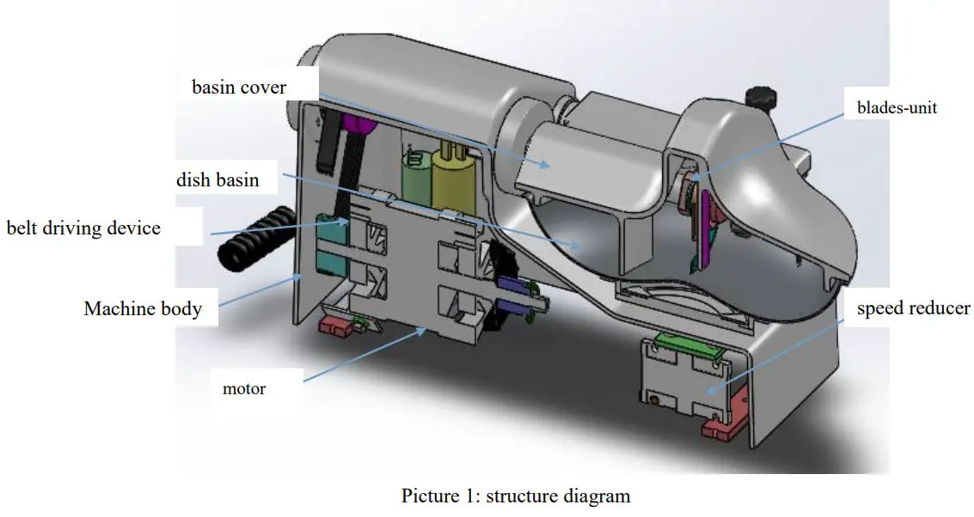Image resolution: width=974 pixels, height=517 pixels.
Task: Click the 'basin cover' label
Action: tap(239, 88)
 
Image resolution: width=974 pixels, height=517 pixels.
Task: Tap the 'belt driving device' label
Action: tap(83, 228)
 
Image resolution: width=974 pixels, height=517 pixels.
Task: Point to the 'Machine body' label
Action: tap(143, 308)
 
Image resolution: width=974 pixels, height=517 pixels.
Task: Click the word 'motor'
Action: tap(244, 389)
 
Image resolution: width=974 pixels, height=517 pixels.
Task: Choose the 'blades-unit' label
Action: tap(897, 108)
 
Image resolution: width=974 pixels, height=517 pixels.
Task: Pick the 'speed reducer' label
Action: tap(913, 308)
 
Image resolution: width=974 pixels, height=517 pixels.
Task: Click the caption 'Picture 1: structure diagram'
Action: tap(516, 496)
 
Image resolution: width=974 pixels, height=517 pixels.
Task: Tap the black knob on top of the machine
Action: tap(760, 97)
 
